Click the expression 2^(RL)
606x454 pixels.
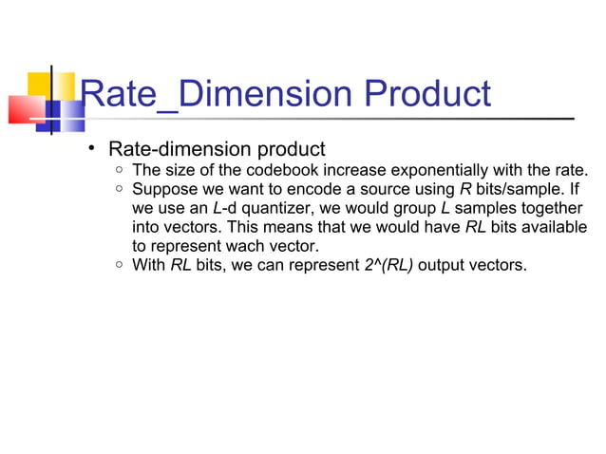tap(388, 264)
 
